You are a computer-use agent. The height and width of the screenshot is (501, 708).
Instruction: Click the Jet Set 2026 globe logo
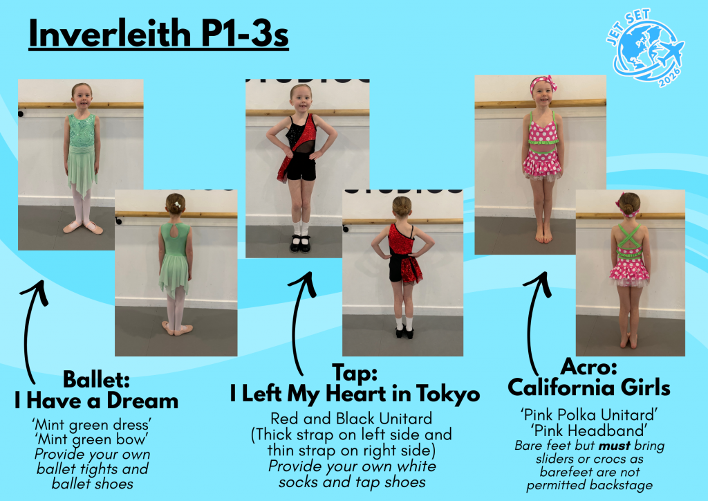pos(646,48)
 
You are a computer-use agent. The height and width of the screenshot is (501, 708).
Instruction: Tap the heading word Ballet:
pos(96,379)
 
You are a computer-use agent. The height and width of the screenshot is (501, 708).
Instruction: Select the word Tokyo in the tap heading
pos(448,394)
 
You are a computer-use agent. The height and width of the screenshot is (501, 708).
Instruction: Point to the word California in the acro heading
pos(560,388)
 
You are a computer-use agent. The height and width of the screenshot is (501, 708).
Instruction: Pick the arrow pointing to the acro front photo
pos(535,323)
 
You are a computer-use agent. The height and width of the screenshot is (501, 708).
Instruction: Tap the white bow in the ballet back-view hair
pos(178,205)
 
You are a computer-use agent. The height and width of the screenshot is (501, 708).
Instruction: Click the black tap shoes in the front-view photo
pos(300,244)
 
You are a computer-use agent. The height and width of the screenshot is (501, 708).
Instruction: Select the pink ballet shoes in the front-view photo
pos(83,227)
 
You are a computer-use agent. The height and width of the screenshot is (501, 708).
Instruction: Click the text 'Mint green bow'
pos(92,439)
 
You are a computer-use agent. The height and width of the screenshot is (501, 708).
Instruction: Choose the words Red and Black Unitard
pos(351,419)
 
